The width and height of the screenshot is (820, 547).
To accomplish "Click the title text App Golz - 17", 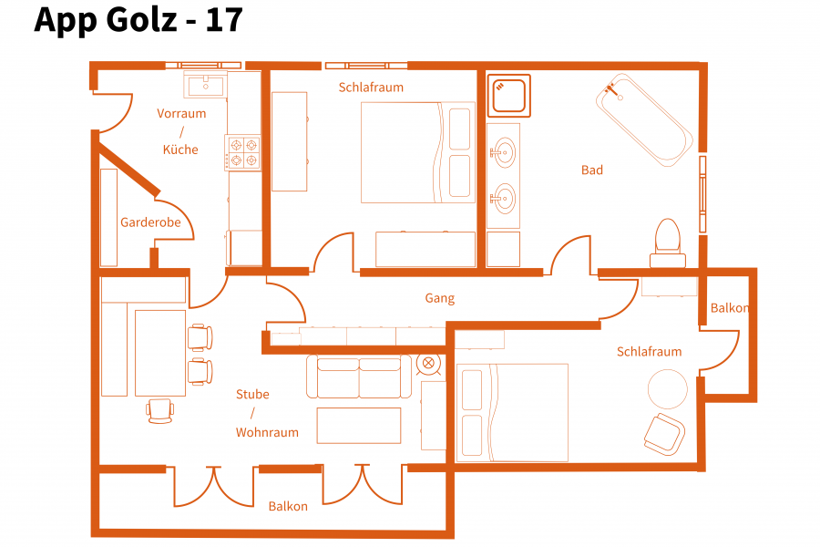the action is [x=138, y=20].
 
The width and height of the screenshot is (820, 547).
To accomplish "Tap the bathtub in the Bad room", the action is [x=644, y=119].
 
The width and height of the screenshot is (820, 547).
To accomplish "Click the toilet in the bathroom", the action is [x=668, y=243].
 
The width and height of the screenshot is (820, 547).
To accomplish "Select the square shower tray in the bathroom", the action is [x=508, y=96].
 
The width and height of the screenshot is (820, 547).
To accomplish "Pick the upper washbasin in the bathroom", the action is [x=503, y=152].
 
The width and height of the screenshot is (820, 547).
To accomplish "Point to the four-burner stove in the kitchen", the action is [x=243, y=152].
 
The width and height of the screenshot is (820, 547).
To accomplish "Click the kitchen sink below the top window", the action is [x=206, y=84].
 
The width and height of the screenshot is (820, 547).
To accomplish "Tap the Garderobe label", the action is [x=150, y=222].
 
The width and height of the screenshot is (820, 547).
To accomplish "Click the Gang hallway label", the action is [x=440, y=298].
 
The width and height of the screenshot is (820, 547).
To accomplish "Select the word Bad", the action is [x=592, y=170].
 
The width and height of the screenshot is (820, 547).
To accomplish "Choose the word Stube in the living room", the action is [x=252, y=394].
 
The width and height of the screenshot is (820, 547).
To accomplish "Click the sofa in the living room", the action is [x=359, y=377].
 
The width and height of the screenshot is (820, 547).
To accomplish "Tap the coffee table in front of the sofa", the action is [x=359, y=426].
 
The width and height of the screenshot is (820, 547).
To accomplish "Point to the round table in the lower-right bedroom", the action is [x=667, y=389].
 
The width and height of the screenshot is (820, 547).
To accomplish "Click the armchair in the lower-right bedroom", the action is [x=665, y=434].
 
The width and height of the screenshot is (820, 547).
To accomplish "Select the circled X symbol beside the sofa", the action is [x=428, y=363].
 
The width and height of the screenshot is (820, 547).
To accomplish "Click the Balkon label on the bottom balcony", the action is [x=288, y=507].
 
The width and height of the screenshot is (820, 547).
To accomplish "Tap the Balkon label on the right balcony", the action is [x=730, y=308].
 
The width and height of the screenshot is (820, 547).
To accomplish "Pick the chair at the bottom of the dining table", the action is [x=160, y=411].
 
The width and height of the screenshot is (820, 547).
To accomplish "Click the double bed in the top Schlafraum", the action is [x=418, y=152].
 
